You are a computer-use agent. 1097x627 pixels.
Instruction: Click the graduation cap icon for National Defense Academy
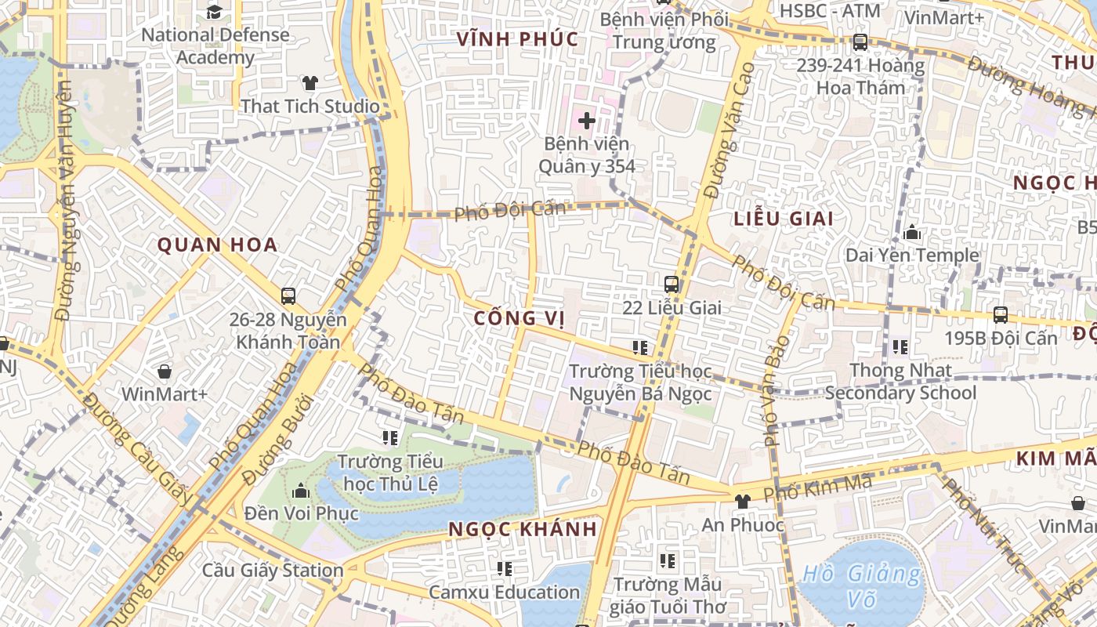214,11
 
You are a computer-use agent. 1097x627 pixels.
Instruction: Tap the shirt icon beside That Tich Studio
310,82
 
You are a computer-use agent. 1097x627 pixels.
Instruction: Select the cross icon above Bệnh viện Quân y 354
586,121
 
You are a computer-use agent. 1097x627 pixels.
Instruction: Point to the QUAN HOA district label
218,245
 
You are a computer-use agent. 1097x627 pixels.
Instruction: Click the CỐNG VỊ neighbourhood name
519,318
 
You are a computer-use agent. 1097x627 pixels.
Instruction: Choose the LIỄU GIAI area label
784,219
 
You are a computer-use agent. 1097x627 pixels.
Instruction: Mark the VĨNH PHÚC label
517,39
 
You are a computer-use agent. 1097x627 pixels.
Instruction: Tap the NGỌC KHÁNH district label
523,529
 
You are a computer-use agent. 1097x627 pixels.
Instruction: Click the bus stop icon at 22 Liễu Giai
672,285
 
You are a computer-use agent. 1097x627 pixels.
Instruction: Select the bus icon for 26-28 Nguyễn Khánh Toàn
288,296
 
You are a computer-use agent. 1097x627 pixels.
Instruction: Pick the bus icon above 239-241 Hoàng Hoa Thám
860,42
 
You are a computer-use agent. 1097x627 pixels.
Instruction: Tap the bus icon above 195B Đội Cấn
1001,315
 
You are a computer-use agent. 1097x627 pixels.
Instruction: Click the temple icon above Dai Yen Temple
912,233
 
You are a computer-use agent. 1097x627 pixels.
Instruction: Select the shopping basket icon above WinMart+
165,371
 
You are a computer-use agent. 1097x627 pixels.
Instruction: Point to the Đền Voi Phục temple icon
300,491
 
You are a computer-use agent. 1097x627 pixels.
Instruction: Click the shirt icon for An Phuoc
742,502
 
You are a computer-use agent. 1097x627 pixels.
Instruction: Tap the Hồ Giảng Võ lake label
861,585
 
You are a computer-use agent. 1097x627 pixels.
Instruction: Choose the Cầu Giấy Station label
273,570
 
